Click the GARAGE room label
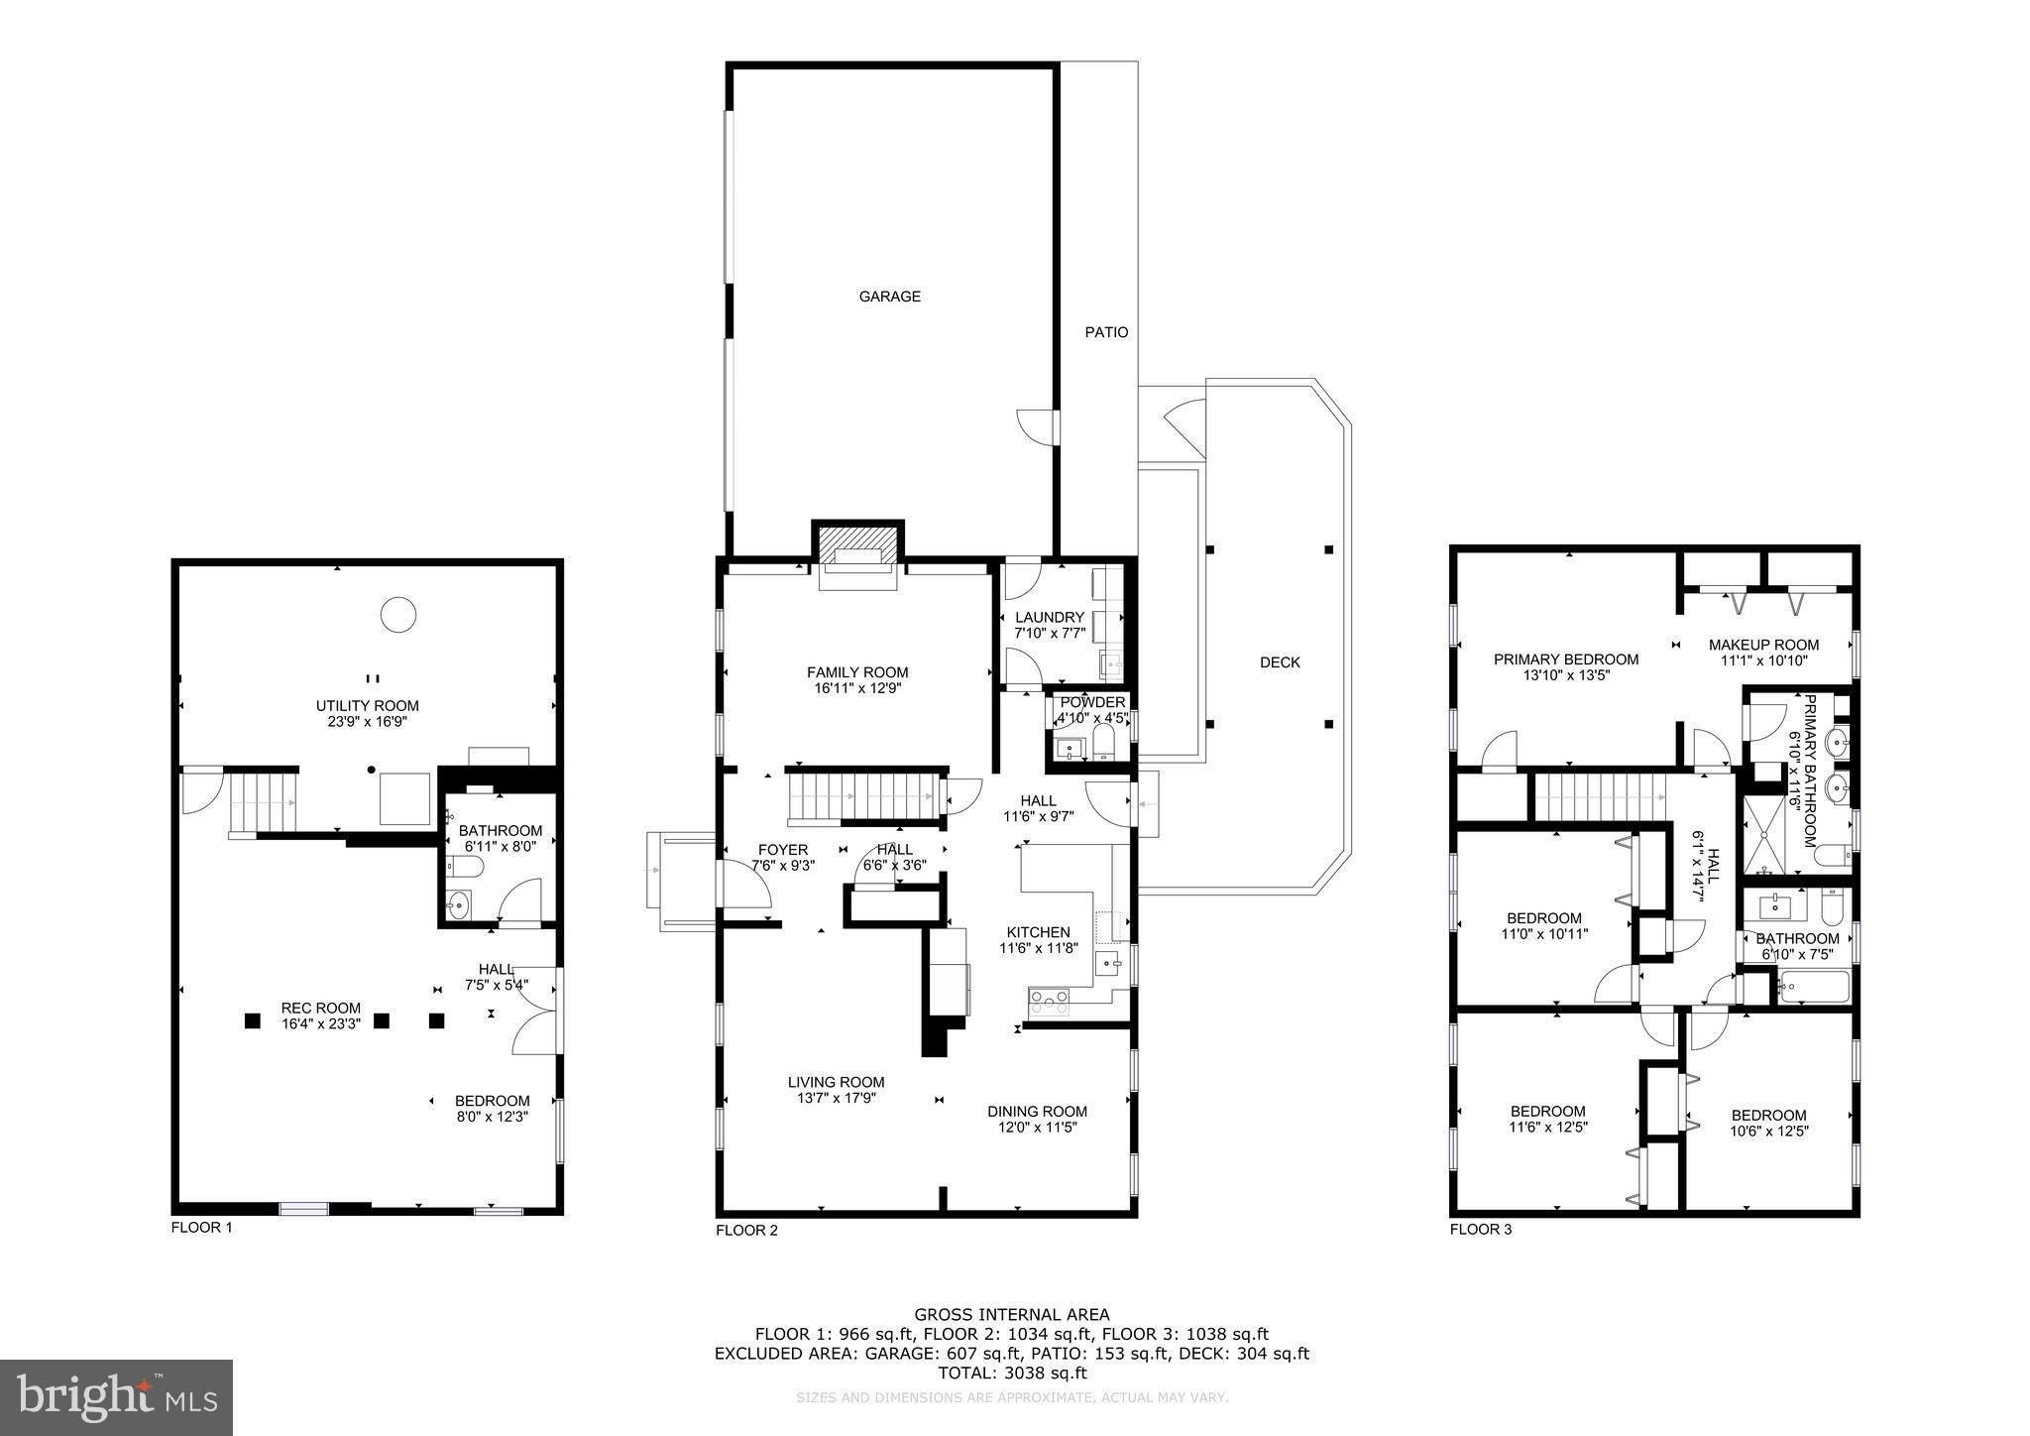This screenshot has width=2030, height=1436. pos(889,297)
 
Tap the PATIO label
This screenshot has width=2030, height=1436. pos(1106,332)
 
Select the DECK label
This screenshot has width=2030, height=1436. pos(1279,662)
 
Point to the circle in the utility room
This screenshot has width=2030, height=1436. pos(398,615)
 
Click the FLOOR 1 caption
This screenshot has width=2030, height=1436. pos(201,1227)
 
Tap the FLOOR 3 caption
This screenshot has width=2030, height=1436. pos(1481,1230)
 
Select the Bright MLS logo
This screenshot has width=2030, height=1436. pos(116,1397)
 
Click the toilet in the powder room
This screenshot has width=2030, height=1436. pos(1103,743)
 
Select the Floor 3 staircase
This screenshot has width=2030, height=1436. pos(1599,798)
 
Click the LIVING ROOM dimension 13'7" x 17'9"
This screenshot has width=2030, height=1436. pos(836,1098)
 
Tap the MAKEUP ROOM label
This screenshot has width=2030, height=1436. pos(1763,645)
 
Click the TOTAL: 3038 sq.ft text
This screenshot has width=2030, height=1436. pos(1012,1373)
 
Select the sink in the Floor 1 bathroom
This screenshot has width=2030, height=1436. pos(458,903)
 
